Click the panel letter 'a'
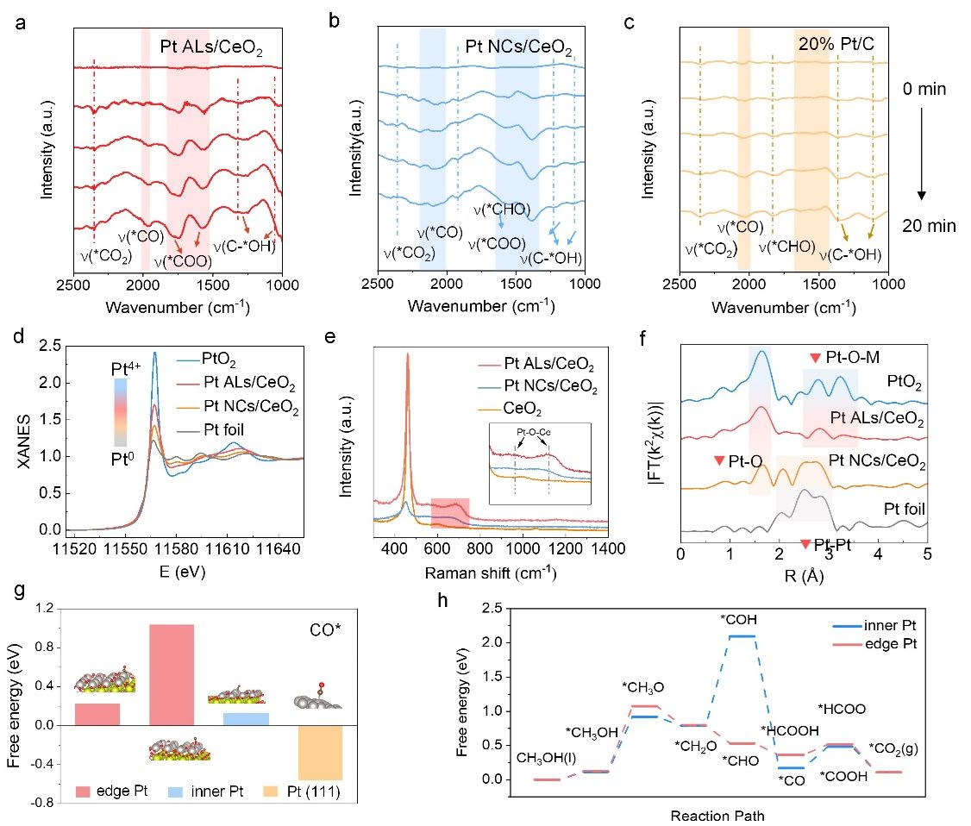(x=20, y=22)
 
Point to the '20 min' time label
(x=930, y=227)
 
